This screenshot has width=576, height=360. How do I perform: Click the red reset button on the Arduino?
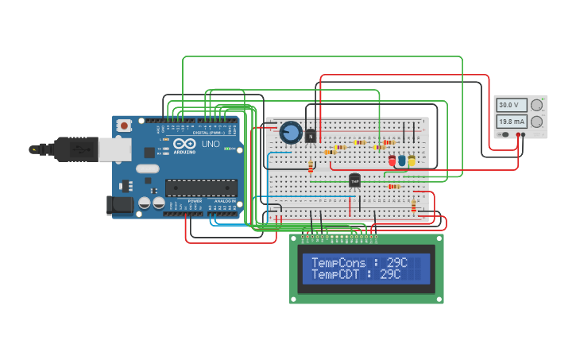[x=124, y=126]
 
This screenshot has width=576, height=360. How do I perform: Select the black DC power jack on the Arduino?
[x=118, y=205]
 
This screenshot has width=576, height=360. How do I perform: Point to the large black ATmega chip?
[x=201, y=188]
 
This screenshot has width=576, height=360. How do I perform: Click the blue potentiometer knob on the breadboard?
[x=290, y=132]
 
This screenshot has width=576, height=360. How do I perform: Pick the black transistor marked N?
[x=310, y=135]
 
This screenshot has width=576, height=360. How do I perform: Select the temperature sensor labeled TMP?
[x=354, y=181]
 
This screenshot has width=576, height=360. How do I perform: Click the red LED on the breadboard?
[x=392, y=161]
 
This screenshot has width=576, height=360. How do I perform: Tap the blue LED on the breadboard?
[x=402, y=161]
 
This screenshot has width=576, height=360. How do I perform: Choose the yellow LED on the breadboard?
[x=412, y=161]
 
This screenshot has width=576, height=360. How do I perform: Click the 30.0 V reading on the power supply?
[x=508, y=105]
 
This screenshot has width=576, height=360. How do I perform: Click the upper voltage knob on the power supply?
[x=536, y=105]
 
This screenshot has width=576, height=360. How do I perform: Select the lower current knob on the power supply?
[x=536, y=122]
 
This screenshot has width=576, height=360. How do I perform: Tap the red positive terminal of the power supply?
[x=522, y=134]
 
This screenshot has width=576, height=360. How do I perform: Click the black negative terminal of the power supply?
[x=516, y=134]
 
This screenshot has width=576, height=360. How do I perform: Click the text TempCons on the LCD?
[x=338, y=262]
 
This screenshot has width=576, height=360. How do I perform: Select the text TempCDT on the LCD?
[x=336, y=274]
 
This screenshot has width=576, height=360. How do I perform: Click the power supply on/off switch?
[x=504, y=134]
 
